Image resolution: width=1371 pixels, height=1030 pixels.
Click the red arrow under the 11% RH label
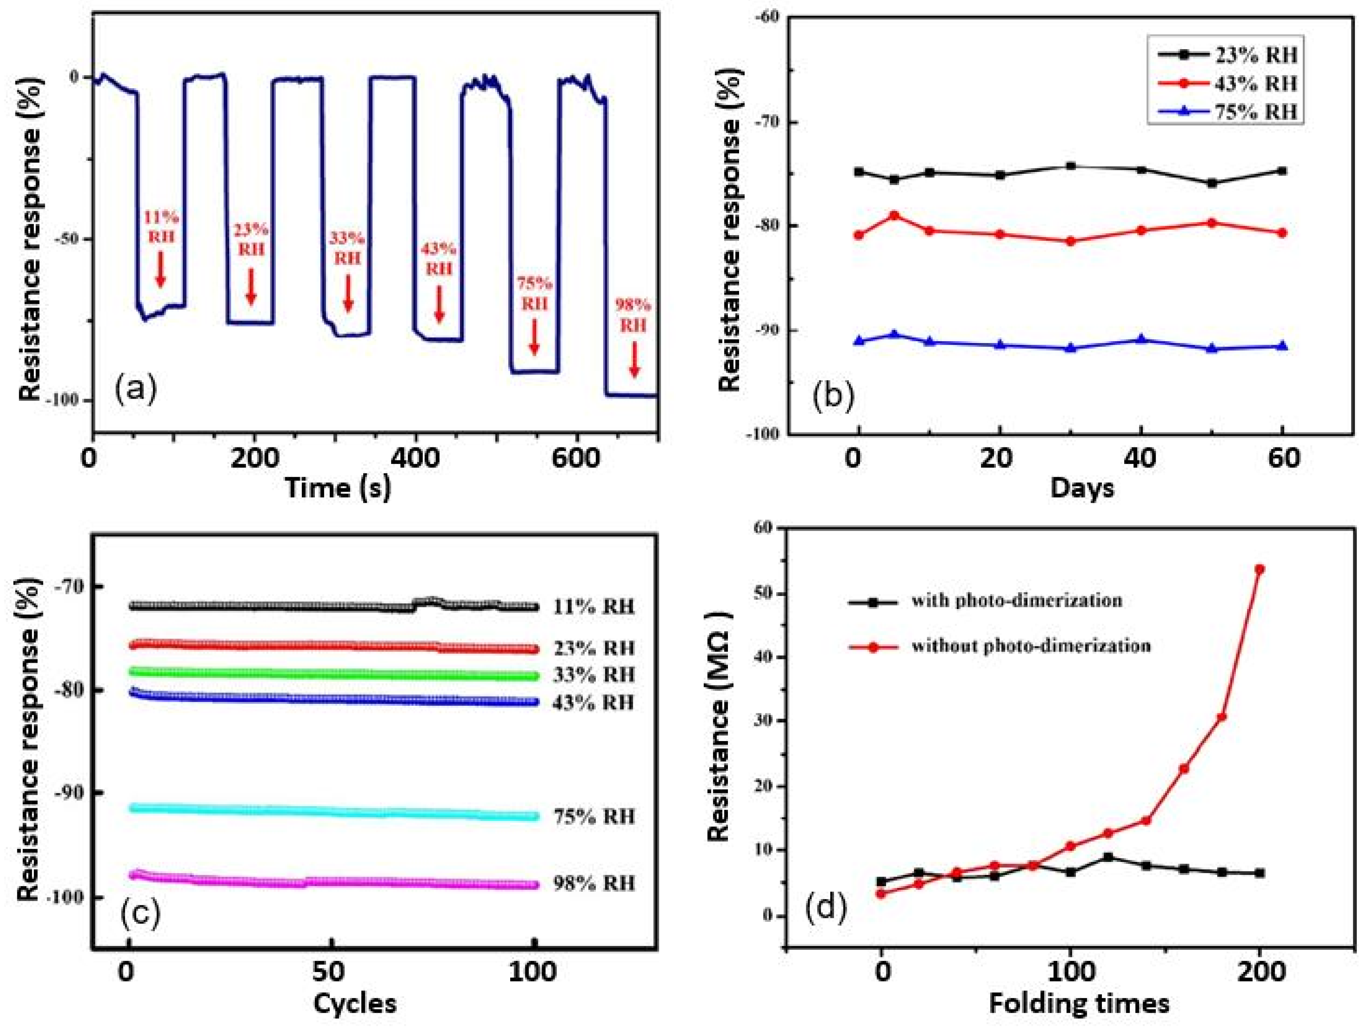click(160, 269)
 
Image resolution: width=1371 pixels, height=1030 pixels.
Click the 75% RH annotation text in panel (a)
click(534, 294)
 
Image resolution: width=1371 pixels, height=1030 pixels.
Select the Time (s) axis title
click(338, 488)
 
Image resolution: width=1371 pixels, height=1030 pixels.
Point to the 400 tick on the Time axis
click(415, 460)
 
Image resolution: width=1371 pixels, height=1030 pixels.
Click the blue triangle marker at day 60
click(1282, 346)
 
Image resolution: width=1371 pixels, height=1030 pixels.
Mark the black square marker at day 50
click(1212, 183)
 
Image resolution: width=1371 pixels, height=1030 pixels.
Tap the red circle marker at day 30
click(1070, 241)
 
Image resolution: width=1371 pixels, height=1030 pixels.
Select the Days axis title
click(1082, 488)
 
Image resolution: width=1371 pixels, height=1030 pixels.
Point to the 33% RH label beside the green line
click(594, 675)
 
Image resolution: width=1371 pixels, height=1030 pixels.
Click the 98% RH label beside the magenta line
click(594, 883)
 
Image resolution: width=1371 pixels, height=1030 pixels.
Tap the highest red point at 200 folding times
click(1259, 569)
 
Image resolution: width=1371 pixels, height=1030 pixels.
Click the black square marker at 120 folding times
click(1108, 857)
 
